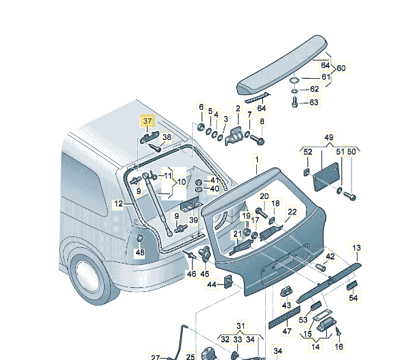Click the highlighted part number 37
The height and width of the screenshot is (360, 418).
(x=147, y=121)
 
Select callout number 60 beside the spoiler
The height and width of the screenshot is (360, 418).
(x=341, y=68)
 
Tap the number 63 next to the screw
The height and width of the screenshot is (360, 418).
(x=313, y=103)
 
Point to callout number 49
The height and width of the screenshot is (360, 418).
(x=329, y=139)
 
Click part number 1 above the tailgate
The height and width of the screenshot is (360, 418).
(x=257, y=160)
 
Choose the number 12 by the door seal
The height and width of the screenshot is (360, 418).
(x=118, y=203)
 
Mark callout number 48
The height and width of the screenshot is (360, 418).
(x=139, y=253)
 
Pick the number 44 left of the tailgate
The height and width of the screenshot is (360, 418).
(x=211, y=284)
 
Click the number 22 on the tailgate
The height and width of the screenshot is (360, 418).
(x=292, y=212)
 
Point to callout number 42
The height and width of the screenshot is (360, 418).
(x=330, y=257)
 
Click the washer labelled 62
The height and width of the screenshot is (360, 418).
(x=293, y=88)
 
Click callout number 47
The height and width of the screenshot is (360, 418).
(x=287, y=331)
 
